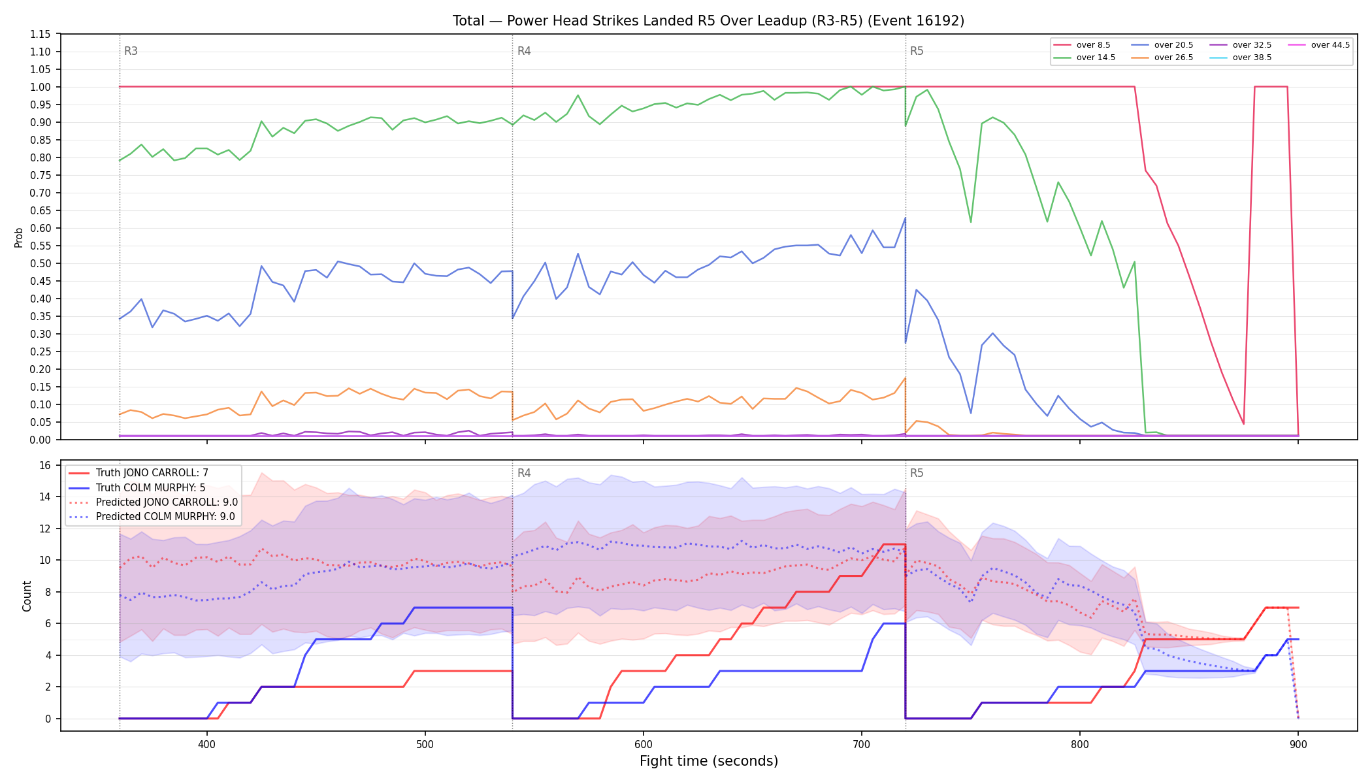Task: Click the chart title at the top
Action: point(708,21)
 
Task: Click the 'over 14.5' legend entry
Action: point(1085,57)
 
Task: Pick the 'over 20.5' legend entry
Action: point(1162,45)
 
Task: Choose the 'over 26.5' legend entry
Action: point(1162,57)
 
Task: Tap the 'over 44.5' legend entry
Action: point(1319,45)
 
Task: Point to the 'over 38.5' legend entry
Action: point(1241,57)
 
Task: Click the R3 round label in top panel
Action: point(131,51)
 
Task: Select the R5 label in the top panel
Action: point(917,51)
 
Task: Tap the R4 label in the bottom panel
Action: point(524,473)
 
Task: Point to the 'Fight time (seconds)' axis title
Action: point(709,761)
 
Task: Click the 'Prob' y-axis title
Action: point(19,237)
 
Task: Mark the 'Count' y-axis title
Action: point(27,596)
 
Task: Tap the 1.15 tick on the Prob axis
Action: point(41,34)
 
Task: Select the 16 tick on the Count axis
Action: point(45,465)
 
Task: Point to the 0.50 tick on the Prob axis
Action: point(41,263)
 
